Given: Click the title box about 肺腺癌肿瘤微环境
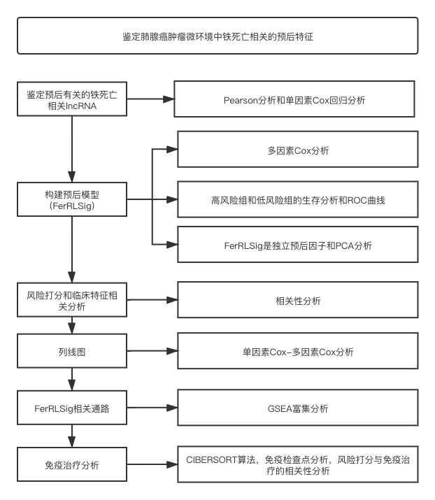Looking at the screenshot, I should click(x=217, y=36).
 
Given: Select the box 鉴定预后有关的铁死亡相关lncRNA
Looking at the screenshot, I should click(x=72, y=100).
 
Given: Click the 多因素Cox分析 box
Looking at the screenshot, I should click(x=297, y=150).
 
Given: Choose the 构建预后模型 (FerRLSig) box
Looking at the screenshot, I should click(x=72, y=200).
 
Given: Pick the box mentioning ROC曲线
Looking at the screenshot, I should click(x=297, y=200).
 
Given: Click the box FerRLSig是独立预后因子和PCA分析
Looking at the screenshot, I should click(x=297, y=245).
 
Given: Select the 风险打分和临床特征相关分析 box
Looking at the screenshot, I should click(x=72, y=301).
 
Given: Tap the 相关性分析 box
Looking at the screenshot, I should click(x=297, y=301).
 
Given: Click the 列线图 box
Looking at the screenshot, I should click(x=72, y=352).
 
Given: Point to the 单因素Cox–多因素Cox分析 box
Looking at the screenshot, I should click(x=297, y=352).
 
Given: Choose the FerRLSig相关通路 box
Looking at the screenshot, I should click(x=72, y=408).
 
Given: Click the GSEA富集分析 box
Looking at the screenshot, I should click(x=297, y=408).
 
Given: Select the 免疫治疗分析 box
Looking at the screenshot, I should click(x=72, y=465).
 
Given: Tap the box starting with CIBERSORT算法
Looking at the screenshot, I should click(x=297, y=465).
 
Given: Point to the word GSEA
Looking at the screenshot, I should click(x=278, y=408).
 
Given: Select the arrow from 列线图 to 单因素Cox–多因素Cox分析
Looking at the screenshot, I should click(x=152, y=352).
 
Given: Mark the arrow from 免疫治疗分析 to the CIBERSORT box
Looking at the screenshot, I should click(x=152, y=465).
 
